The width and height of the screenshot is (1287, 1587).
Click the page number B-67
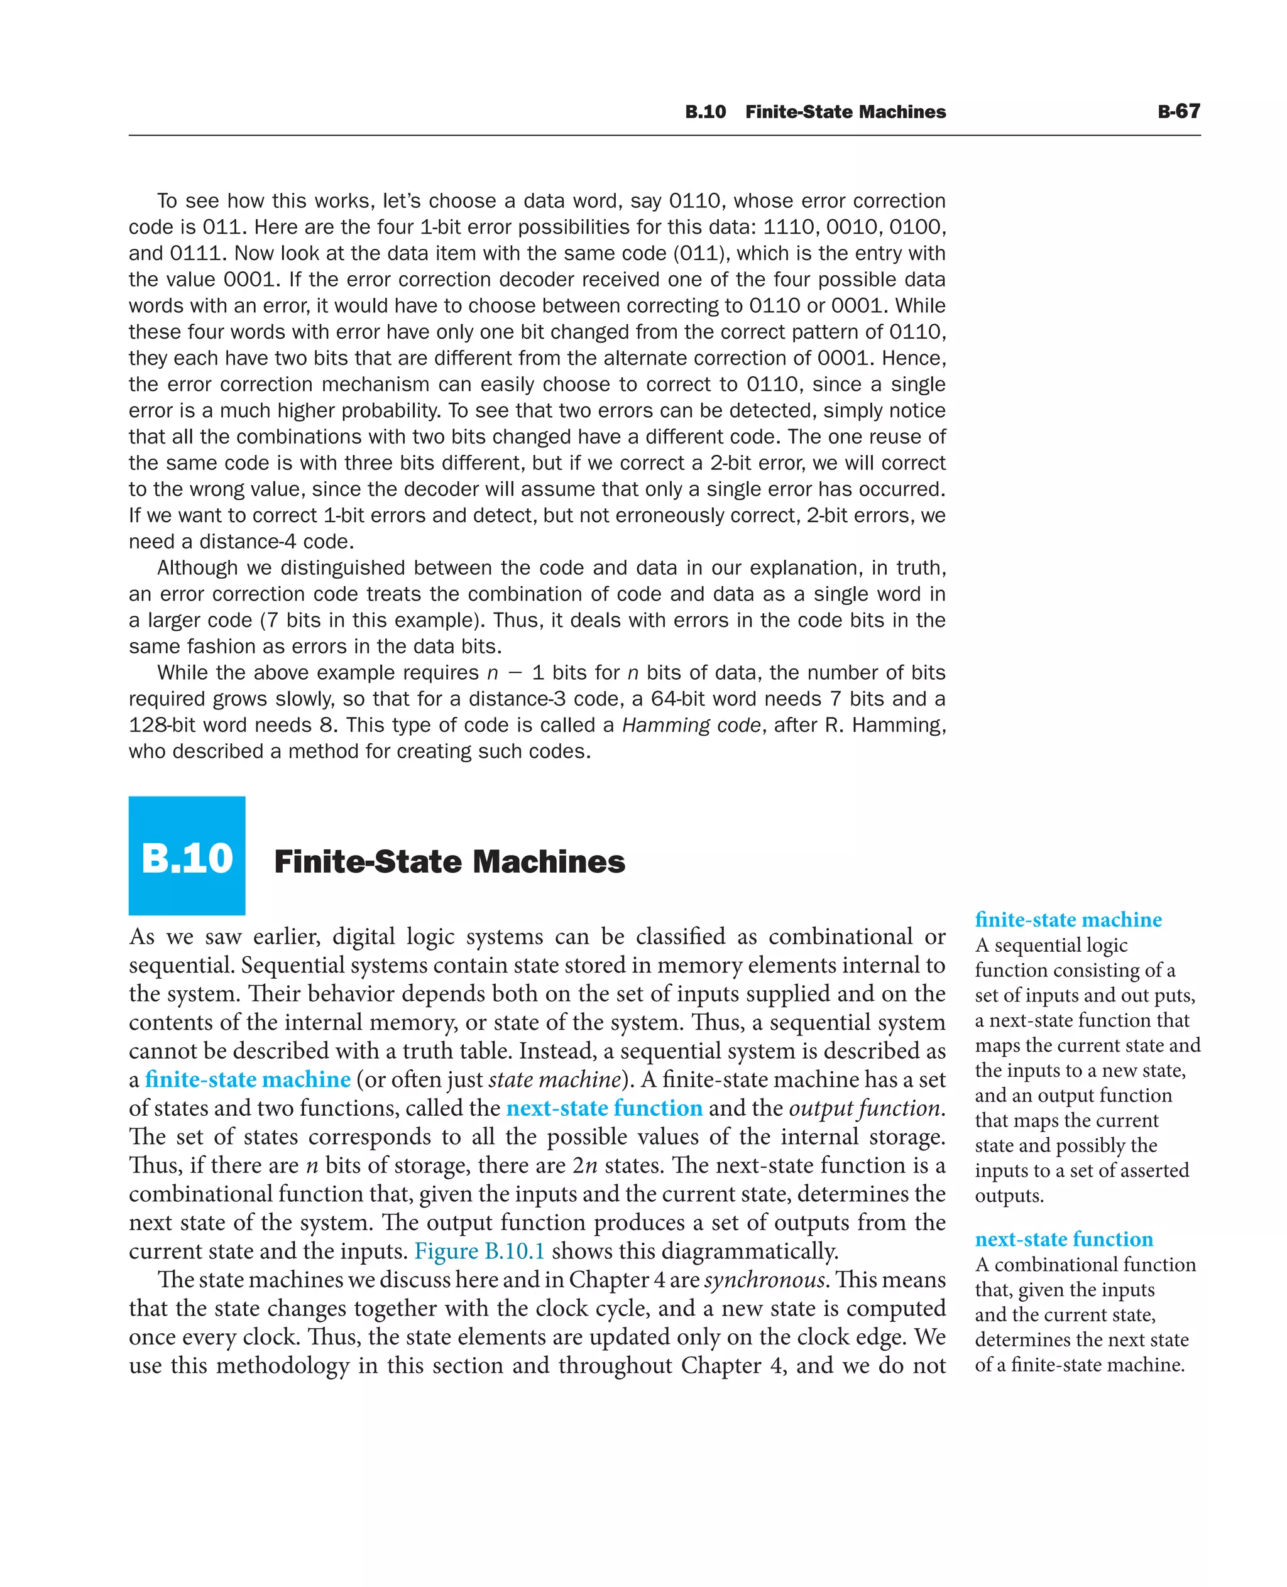pos(1178,111)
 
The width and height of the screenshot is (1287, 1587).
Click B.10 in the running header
pos(705,112)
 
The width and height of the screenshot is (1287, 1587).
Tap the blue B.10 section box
pos(187,856)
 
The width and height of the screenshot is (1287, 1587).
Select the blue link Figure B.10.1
pos(479,1252)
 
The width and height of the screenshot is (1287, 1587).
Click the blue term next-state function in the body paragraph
pos(604,1108)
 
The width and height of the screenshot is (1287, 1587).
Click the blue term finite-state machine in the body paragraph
pos(248,1079)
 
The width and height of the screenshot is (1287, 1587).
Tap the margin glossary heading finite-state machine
pos(1068,920)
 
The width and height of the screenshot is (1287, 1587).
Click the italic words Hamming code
pos(691,725)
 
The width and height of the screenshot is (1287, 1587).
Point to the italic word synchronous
pos(765,1280)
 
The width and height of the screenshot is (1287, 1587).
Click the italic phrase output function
pos(865,1108)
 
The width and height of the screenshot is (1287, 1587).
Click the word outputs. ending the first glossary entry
pos(1009,1196)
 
